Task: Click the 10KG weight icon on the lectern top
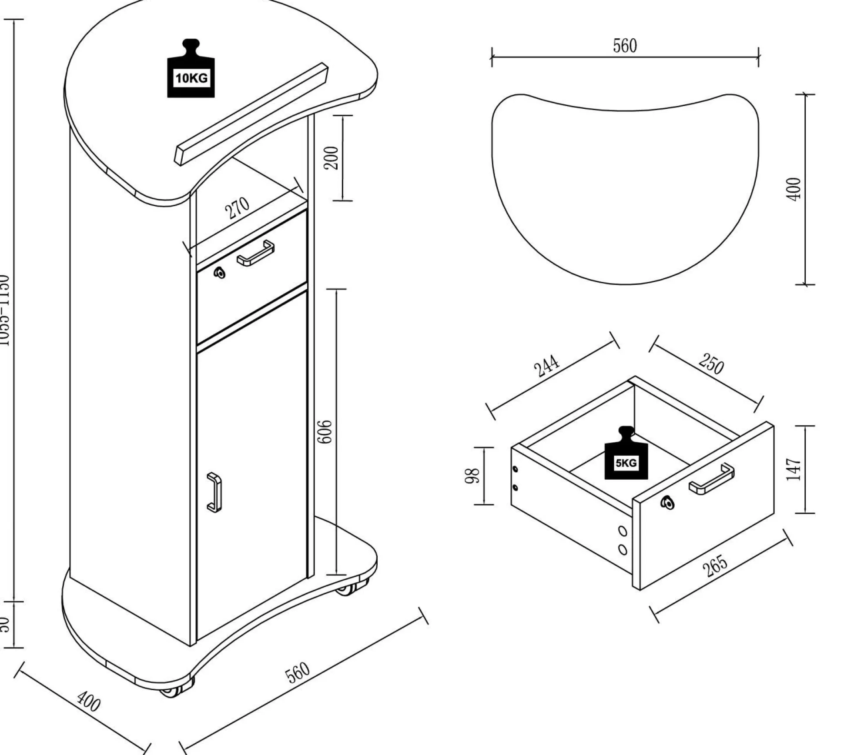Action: pos(191,70)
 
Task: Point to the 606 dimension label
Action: pos(325,431)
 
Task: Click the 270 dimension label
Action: pos(238,208)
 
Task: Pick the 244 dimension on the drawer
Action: pos(547,366)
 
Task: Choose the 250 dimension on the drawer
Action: pos(711,363)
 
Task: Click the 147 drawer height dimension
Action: pos(794,469)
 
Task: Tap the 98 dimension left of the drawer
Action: pos(472,475)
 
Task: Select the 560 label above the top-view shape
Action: pos(625,46)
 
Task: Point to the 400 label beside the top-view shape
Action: pos(794,189)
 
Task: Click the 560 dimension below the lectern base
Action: pos(298,672)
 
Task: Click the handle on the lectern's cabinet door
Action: pos(214,492)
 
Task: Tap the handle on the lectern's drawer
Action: pos(256,253)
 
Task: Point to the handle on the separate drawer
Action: pos(711,479)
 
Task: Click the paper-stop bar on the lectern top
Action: pos(251,114)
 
